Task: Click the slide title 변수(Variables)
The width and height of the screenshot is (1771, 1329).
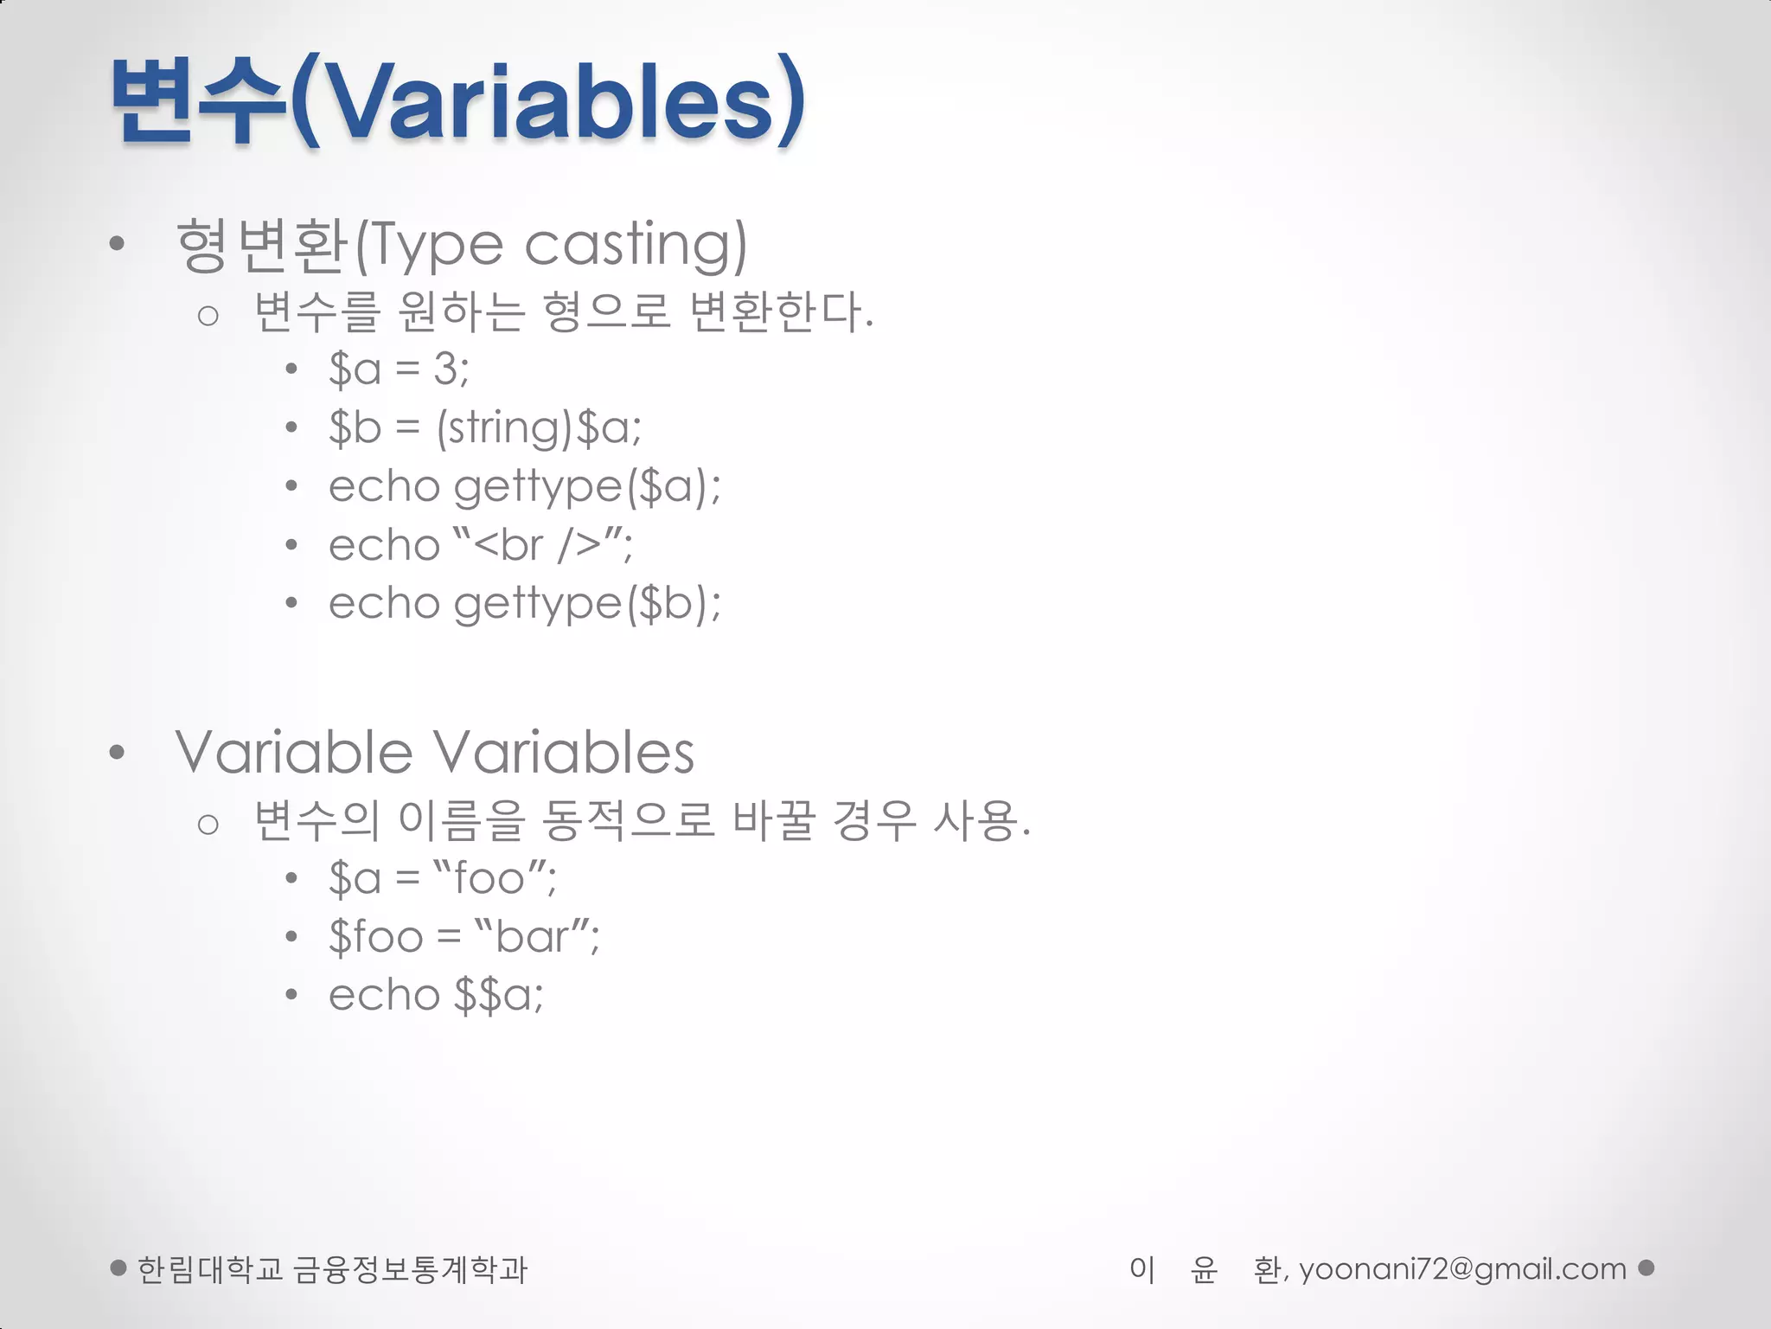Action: (x=458, y=102)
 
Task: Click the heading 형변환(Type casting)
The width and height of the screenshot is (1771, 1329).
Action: (x=461, y=246)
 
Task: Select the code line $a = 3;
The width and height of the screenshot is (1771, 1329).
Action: (x=399, y=369)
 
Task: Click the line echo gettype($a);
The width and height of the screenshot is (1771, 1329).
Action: (x=524, y=486)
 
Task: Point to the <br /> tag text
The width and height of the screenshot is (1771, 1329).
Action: (x=537, y=545)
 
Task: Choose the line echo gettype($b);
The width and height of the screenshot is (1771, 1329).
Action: (x=524, y=603)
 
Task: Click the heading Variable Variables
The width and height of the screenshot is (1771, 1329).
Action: (x=434, y=752)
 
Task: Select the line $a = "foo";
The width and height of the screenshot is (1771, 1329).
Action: (x=442, y=879)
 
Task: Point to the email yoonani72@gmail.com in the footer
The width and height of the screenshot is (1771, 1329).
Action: (x=1462, y=1269)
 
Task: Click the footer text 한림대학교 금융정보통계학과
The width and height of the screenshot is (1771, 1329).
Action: (x=332, y=1269)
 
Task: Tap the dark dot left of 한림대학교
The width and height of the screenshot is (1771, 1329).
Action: (x=119, y=1268)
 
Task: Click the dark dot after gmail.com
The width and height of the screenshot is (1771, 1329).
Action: (x=1646, y=1268)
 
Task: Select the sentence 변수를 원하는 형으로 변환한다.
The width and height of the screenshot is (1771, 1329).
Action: (x=564, y=312)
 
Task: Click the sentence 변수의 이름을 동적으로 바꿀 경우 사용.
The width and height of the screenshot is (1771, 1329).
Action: (x=642, y=820)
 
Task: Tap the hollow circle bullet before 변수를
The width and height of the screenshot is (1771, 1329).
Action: (x=208, y=316)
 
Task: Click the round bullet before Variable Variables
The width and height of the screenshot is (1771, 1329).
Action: (x=118, y=753)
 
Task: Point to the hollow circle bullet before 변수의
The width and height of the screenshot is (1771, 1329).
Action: (x=208, y=824)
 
